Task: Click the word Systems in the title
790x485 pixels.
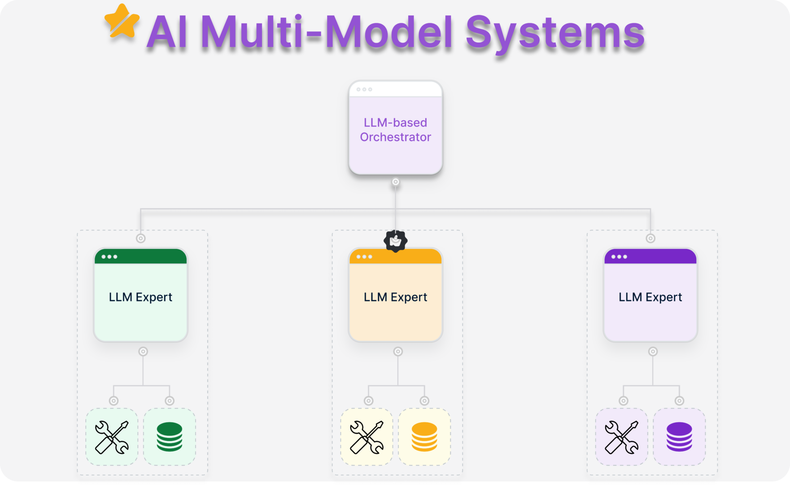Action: tap(555, 32)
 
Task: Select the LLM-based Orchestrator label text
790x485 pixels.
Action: tap(395, 130)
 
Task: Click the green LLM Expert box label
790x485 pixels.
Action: tap(140, 297)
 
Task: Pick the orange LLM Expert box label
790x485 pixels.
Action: tap(395, 297)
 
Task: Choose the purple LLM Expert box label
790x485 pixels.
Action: tap(650, 297)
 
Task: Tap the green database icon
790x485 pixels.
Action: tap(170, 436)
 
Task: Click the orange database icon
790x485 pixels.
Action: tap(424, 436)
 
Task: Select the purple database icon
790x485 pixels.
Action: tap(679, 436)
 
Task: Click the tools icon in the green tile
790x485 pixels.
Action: tap(112, 437)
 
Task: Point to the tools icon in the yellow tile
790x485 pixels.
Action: tap(367, 437)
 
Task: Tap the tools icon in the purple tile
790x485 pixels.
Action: tap(621, 437)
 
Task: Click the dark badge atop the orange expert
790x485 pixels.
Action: tap(395, 241)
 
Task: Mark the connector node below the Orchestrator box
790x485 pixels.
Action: tap(396, 182)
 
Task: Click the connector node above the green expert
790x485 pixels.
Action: tap(141, 238)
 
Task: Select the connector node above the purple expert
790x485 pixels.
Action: tap(650, 238)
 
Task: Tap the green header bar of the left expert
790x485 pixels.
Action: tap(140, 256)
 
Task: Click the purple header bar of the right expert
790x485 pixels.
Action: tap(650, 256)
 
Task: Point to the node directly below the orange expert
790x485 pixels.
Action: tap(398, 352)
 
